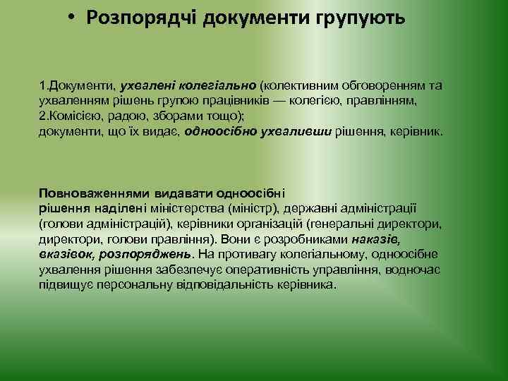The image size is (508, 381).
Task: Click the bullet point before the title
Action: (x=73, y=18)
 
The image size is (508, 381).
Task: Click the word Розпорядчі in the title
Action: (x=142, y=18)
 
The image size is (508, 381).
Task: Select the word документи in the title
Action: (x=253, y=18)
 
